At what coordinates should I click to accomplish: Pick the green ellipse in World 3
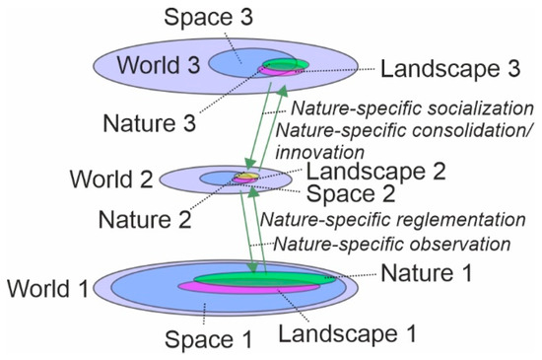point(286,66)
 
